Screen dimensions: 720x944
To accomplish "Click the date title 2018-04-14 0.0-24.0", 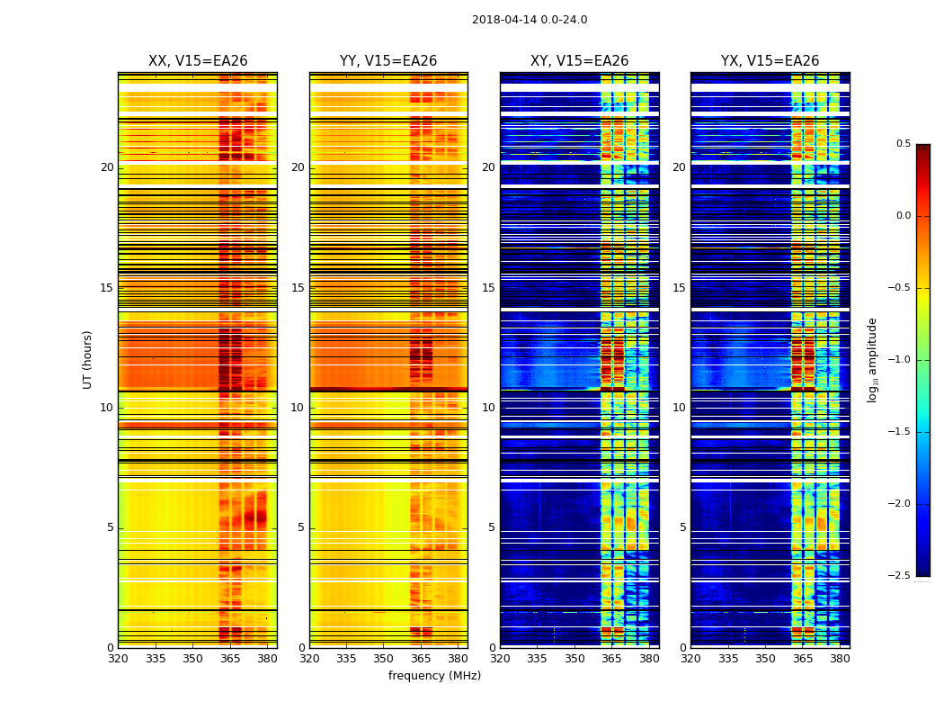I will [x=530, y=20].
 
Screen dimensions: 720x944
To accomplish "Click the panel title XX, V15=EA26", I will [x=198, y=61].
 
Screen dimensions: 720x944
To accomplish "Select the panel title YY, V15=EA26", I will [x=388, y=61].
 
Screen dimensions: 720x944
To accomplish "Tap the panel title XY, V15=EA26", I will [x=579, y=61].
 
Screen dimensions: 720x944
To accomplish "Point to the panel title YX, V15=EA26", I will [x=770, y=61].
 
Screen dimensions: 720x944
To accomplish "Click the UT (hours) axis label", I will [x=88, y=359].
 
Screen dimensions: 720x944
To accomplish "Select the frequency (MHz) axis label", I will [x=434, y=676].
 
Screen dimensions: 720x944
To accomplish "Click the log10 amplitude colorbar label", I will [x=872, y=359].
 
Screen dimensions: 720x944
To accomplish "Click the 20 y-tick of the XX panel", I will [x=107, y=167].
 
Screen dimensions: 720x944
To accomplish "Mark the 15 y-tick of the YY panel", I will [x=298, y=288].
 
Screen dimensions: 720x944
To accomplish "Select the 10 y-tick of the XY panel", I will [x=488, y=408].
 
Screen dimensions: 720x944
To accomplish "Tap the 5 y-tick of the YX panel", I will [x=682, y=527].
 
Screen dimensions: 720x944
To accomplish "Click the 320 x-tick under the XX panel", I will [x=118, y=659].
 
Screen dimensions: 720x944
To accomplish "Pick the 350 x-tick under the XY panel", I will [x=574, y=659].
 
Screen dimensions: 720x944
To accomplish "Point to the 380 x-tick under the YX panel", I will [x=840, y=659].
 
